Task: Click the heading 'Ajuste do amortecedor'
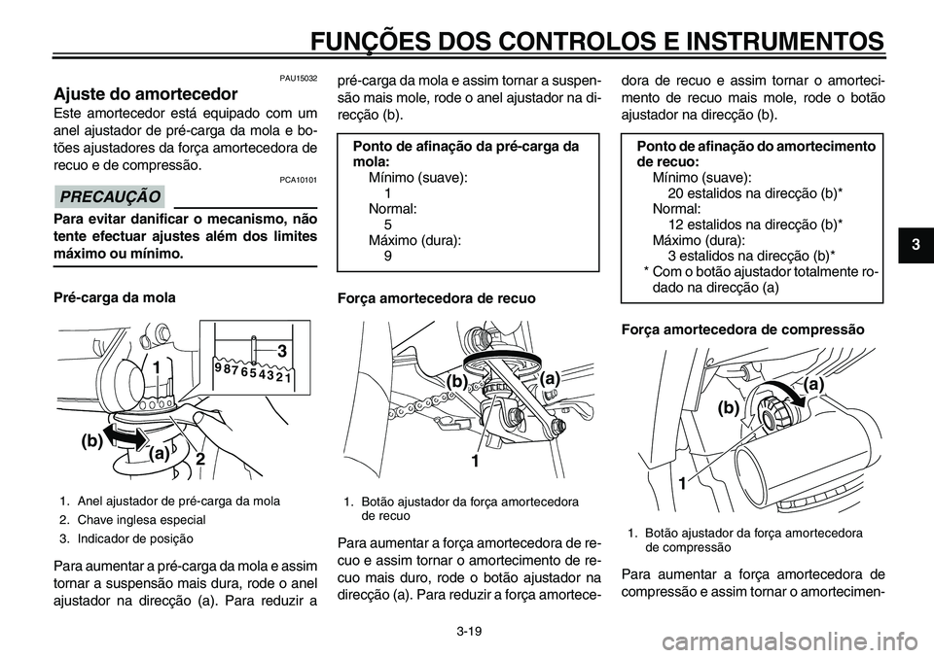pos(144,94)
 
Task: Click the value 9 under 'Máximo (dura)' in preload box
pos(388,256)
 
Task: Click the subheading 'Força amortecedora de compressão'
pos(742,329)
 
